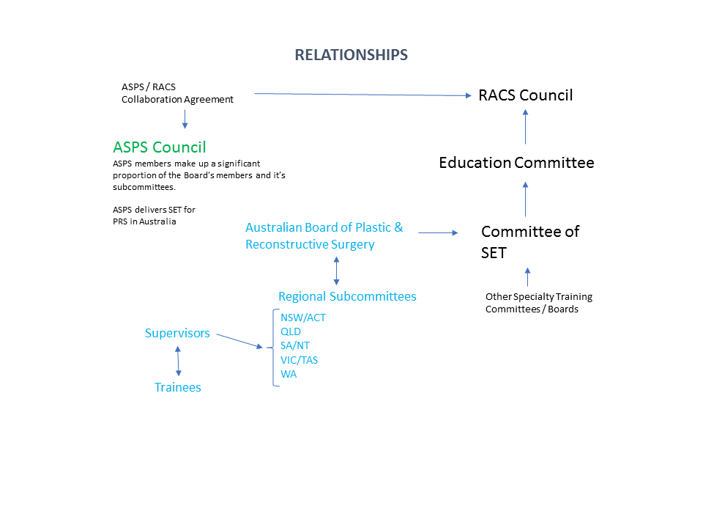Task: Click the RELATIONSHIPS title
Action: coord(351,55)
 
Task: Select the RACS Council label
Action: coord(526,95)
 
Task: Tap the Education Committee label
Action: coord(516,163)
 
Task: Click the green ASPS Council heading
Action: coord(159,147)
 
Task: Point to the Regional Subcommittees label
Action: coord(347,296)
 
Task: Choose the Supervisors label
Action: coord(177,333)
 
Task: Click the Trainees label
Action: coord(177,387)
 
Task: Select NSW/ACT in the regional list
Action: coord(303,318)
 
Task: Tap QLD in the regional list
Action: coord(291,331)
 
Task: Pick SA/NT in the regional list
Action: coord(295,345)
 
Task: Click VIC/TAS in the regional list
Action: coord(299,360)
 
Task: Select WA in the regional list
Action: coord(289,374)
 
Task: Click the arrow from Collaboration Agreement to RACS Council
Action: coord(362,95)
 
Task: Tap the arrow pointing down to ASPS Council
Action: coord(185,119)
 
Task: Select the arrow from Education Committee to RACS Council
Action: coord(526,127)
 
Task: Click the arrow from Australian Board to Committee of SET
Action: coord(438,232)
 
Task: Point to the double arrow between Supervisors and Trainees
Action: coord(178,361)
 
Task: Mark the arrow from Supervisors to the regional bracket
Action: coord(239,341)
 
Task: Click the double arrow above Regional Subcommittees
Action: coord(337,271)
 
